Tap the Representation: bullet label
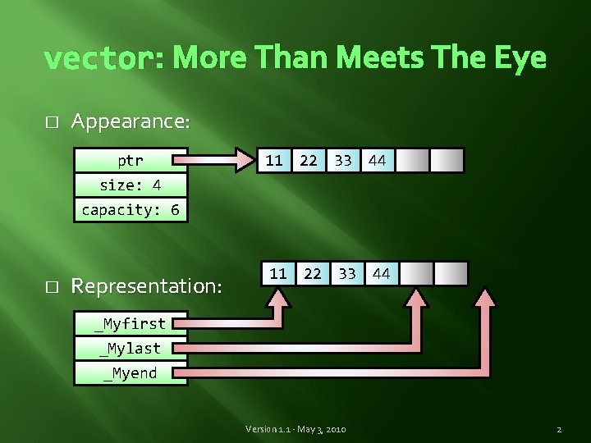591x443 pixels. pyautogui.click(x=147, y=285)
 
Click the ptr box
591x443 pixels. pyautogui.click(x=130, y=160)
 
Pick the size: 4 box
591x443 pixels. pyautogui.click(x=130, y=185)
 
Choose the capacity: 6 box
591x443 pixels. pyautogui.click(x=130, y=209)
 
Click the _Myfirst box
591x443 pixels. pyautogui.click(x=130, y=324)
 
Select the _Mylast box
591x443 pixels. pyautogui.click(x=130, y=349)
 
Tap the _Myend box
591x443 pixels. pyautogui.click(x=130, y=373)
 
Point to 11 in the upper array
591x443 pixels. pyautogui.click(x=274, y=161)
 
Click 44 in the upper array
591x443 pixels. pyautogui.click(x=377, y=161)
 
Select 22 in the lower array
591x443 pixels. pyautogui.click(x=313, y=273)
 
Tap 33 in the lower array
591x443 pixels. pyautogui.click(x=347, y=273)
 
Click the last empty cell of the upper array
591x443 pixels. pyautogui.click(x=446, y=161)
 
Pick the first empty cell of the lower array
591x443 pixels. pyautogui.click(x=415, y=273)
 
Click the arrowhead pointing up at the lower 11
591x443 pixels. pyautogui.click(x=278, y=297)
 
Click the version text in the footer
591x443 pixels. pyautogui.click(x=295, y=429)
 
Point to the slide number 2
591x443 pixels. pyautogui.click(x=558, y=429)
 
